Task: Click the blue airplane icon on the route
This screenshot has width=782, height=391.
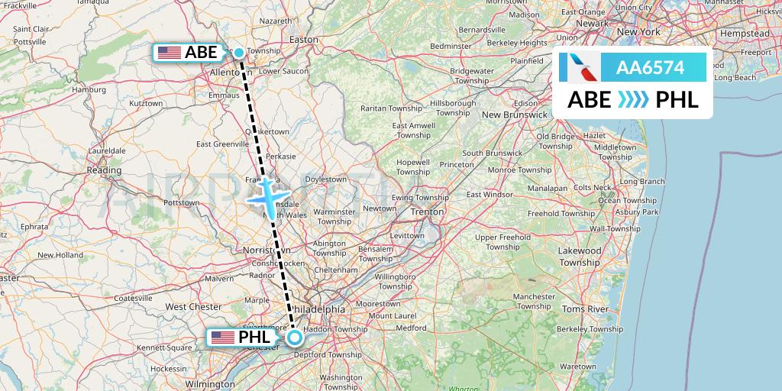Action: [x=265, y=194]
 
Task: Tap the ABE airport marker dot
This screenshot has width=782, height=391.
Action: [x=239, y=53]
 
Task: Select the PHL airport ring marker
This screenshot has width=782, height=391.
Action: [x=295, y=337]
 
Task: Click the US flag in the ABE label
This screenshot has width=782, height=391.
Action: [x=170, y=53]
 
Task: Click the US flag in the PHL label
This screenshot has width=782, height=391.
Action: [x=223, y=337]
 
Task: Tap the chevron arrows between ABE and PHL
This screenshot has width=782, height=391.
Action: [x=632, y=99]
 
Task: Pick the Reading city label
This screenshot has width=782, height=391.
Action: [x=103, y=170]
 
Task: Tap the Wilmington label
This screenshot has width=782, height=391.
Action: [x=210, y=383]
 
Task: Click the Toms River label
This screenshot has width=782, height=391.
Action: [x=584, y=309]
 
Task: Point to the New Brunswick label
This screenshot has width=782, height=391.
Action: [x=515, y=115]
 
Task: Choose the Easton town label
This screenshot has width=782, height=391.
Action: [x=304, y=39]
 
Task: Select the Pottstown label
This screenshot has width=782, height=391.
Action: [x=181, y=203]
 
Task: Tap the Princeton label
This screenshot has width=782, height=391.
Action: [x=457, y=164]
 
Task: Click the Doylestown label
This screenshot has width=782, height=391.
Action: [x=326, y=179]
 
